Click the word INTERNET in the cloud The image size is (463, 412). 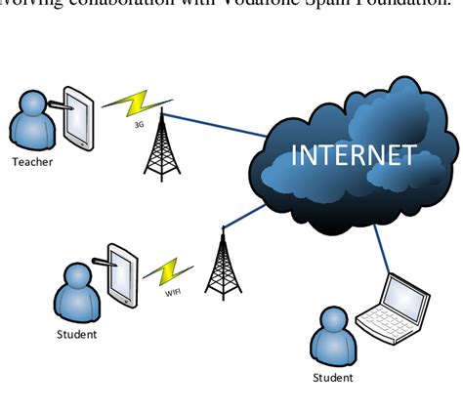pos(355,155)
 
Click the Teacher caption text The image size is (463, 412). pos(32,162)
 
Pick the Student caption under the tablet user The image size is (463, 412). pos(77,335)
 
